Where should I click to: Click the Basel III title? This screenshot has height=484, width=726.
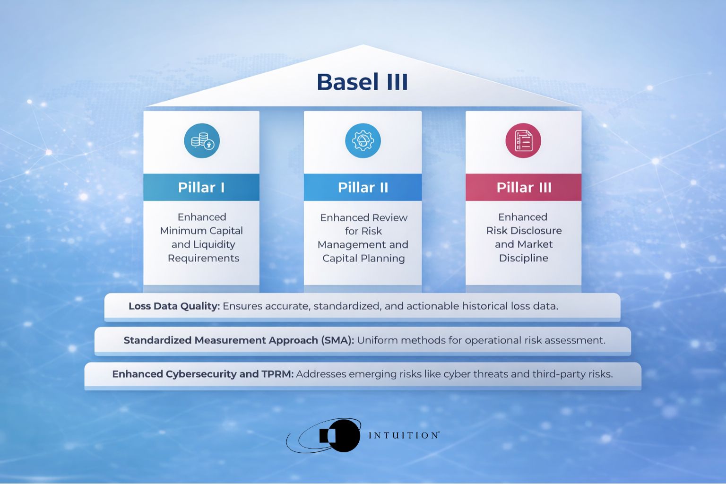(x=362, y=82)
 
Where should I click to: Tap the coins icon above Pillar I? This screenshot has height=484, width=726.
(x=202, y=141)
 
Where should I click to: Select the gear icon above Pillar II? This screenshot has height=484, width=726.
(x=363, y=141)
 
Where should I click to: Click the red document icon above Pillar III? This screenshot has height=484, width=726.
(x=523, y=141)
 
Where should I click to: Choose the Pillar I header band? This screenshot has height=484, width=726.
(x=201, y=187)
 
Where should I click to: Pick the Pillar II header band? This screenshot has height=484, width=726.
(x=363, y=187)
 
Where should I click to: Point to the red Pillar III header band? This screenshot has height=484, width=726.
(x=523, y=187)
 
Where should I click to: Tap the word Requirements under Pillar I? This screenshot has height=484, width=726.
(x=203, y=258)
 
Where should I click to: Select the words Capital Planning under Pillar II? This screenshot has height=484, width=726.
(x=363, y=258)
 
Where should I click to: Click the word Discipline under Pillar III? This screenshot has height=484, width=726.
(x=523, y=258)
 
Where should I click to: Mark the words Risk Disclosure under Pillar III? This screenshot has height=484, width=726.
(x=524, y=231)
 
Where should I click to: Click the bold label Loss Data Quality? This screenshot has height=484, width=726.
(x=174, y=306)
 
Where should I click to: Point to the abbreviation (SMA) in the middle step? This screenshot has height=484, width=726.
(x=337, y=340)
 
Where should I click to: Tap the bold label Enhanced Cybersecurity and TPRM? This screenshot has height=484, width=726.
(x=203, y=374)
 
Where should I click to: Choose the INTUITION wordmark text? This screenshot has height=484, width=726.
(x=403, y=435)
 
